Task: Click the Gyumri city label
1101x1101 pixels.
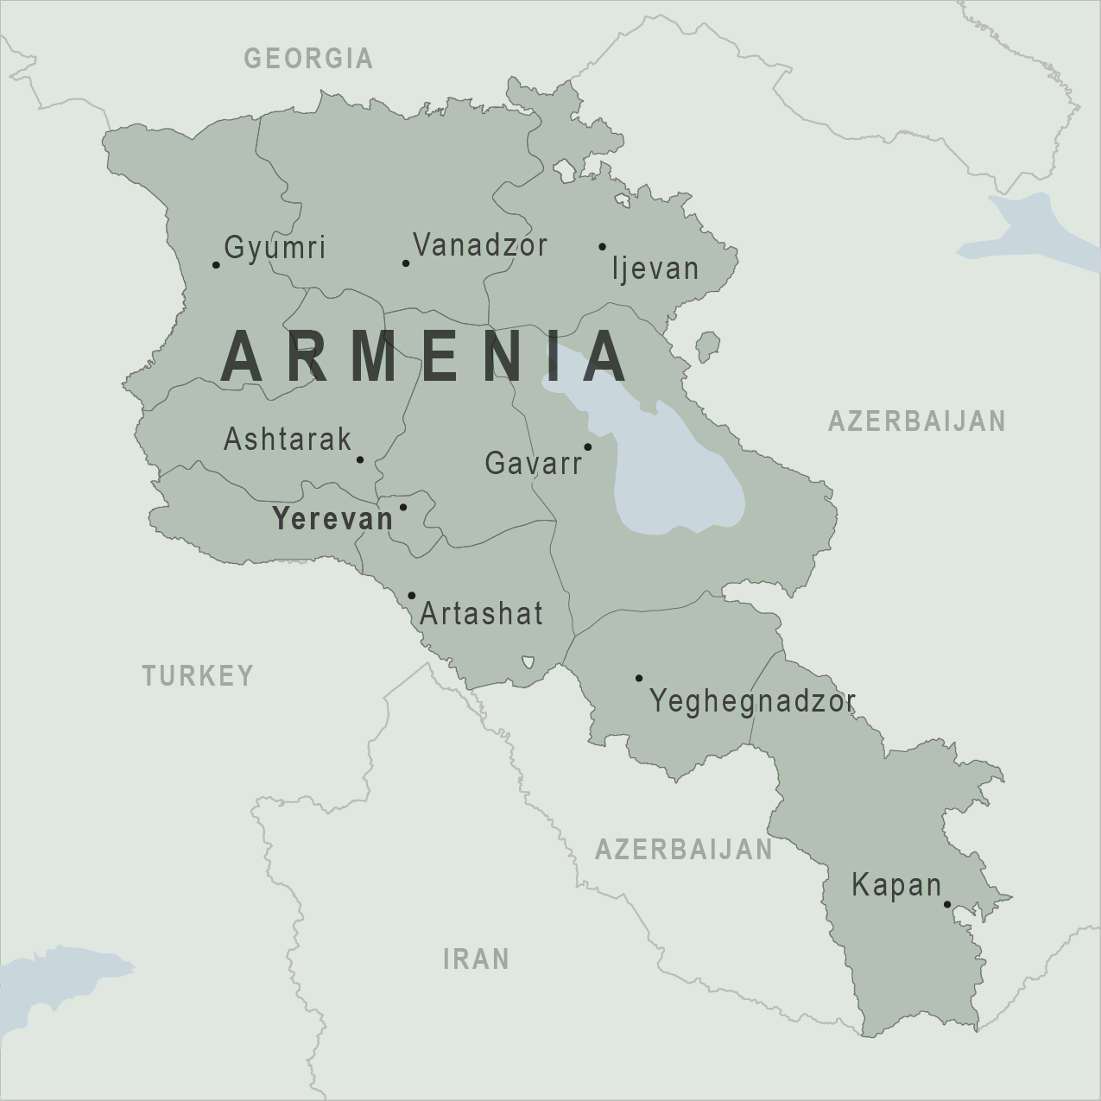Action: tap(275, 248)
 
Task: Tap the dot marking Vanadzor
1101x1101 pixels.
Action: tap(406, 263)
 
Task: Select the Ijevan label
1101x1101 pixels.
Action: tap(655, 269)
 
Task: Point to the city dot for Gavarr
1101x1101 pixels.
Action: tap(588, 446)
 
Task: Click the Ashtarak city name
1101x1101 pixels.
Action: tap(288, 440)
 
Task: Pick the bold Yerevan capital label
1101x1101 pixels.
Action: tap(332, 519)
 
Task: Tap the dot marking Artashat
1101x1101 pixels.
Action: tap(412, 595)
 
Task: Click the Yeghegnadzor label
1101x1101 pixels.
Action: tap(752, 701)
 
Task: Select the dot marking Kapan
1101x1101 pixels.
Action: tap(947, 905)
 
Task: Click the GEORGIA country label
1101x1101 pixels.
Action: tap(308, 58)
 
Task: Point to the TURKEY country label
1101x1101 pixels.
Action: tap(199, 675)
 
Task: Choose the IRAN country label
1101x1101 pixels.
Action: tap(476, 959)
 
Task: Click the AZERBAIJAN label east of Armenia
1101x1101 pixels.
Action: tap(917, 421)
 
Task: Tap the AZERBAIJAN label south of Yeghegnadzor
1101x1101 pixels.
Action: tap(684, 850)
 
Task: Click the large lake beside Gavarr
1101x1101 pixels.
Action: tap(674, 466)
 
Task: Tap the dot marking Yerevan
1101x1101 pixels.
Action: tap(403, 507)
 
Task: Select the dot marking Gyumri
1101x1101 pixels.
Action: tap(216, 264)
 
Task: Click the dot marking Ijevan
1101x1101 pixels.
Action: tap(603, 246)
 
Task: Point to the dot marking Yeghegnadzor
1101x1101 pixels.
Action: tap(639, 678)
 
